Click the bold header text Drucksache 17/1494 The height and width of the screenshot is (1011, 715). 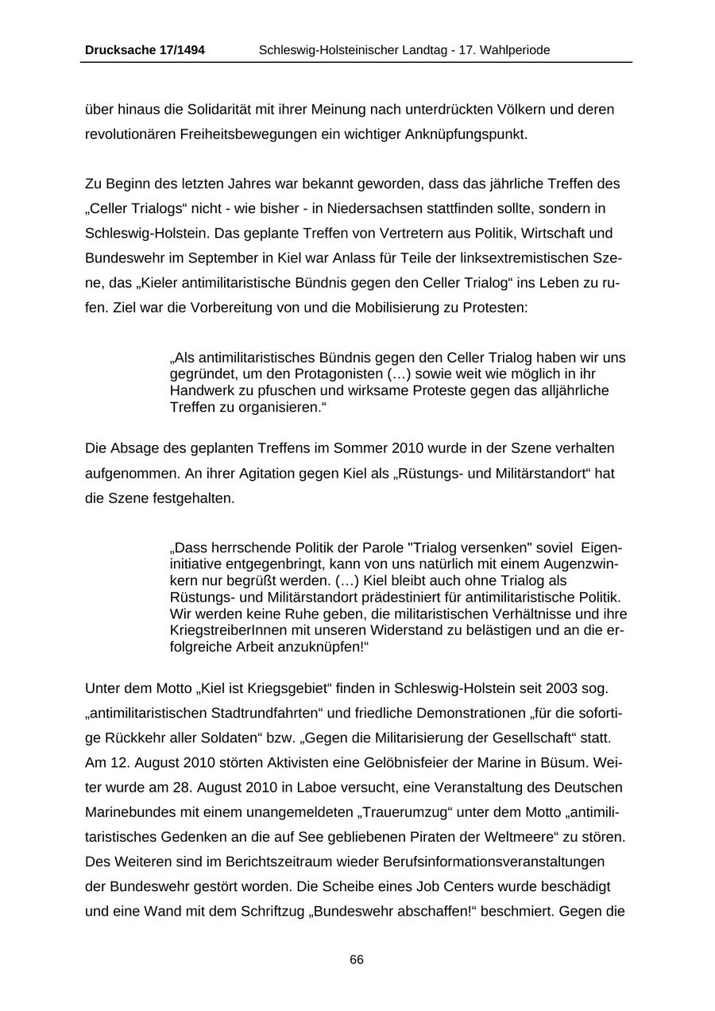tap(145, 50)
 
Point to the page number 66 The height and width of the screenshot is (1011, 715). tap(357, 960)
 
